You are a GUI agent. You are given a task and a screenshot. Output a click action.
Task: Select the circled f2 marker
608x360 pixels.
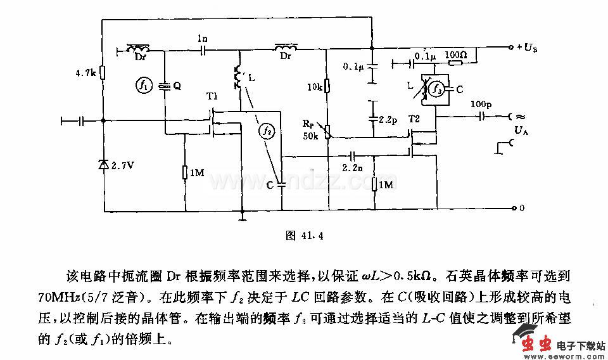(x=267, y=131)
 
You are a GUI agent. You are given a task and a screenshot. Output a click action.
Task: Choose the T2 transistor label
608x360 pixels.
(x=414, y=119)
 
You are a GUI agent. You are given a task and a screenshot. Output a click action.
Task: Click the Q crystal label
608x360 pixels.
(x=177, y=87)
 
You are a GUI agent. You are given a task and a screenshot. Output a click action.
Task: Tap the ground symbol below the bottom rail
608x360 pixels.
(x=242, y=219)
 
